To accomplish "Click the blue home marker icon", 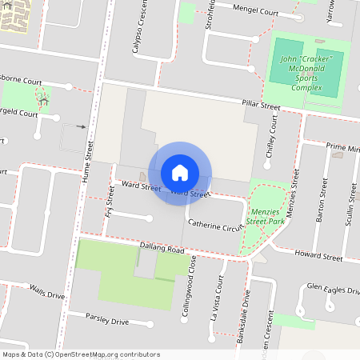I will click(180, 173).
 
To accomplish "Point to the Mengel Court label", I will click(255, 10).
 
